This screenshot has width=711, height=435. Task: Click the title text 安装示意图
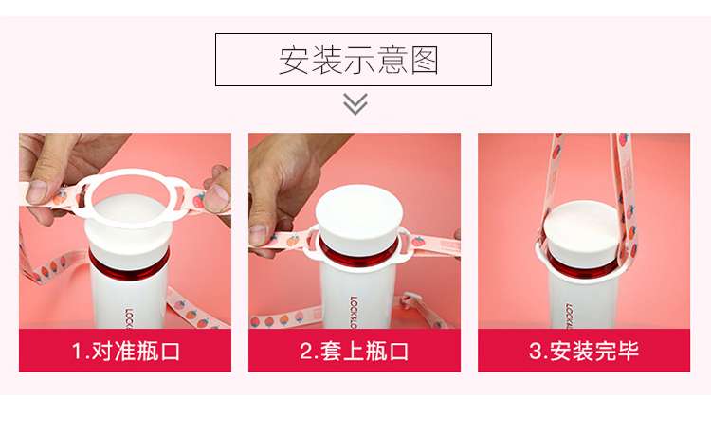[358, 61]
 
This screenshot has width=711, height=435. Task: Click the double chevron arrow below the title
[355, 104]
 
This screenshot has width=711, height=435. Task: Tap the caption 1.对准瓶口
[125, 352]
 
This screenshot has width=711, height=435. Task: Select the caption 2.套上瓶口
[355, 352]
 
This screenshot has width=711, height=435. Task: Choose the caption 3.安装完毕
[584, 352]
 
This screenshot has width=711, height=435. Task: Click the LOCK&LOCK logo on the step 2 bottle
[354, 312]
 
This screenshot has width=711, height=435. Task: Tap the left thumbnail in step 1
[37, 191]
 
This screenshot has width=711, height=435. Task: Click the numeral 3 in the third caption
[536, 352]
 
